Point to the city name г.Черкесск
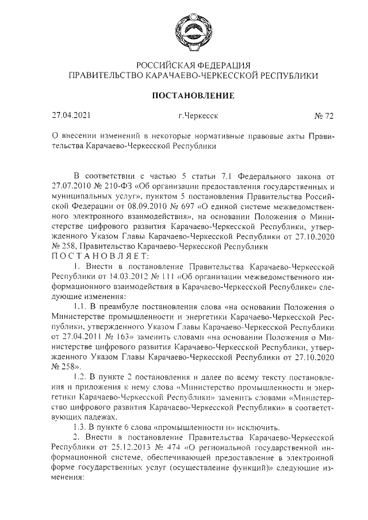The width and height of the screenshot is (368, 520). click(x=198, y=115)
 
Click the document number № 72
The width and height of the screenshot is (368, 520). click(x=324, y=115)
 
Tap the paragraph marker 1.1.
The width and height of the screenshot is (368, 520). click(x=82, y=306)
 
